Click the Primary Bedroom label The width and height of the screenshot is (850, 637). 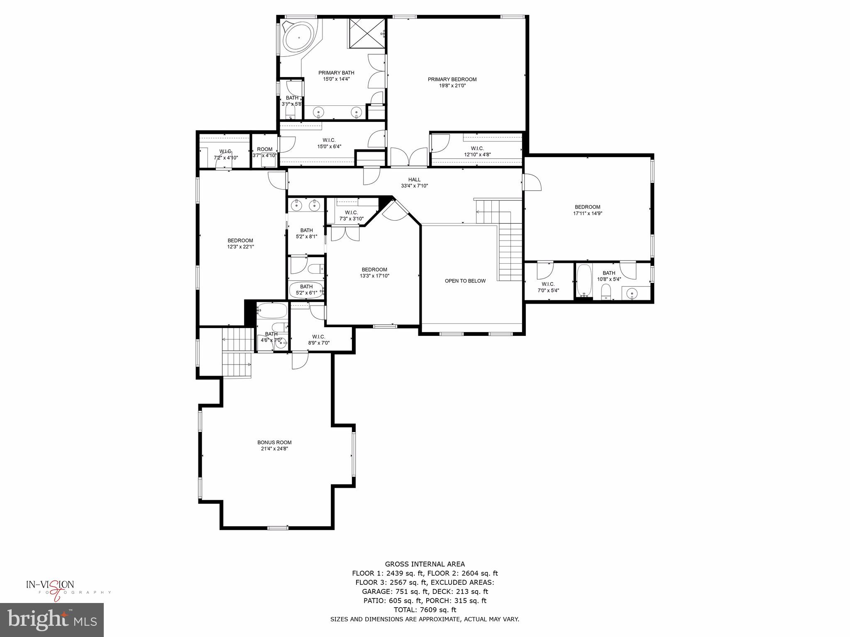point(452,80)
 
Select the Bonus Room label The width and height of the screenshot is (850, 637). point(274,442)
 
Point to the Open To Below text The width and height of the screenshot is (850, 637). point(465,281)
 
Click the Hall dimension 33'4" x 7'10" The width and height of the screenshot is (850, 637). point(414,186)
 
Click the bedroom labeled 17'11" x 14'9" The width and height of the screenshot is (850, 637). point(587,210)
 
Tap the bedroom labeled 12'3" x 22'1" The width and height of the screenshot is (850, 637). point(240,243)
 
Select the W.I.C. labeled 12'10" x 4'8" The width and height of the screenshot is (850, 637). point(477,151)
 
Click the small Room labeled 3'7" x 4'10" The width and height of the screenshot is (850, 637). point(264,152)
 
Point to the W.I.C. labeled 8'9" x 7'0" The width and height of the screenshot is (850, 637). point(319,340)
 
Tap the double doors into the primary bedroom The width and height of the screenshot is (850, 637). point(409,158)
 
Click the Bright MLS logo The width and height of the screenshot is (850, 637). point(52,620)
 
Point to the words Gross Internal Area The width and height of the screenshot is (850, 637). point(425,564)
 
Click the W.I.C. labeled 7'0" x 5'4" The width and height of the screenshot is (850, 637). point(548,287)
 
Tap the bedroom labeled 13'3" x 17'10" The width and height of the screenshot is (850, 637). point(374,272)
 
